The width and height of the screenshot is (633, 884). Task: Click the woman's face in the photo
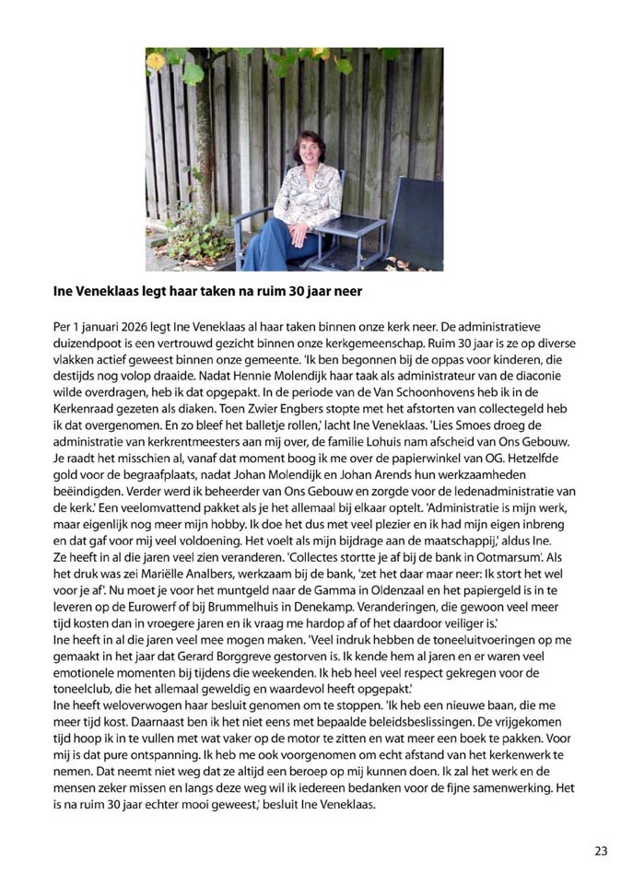307,150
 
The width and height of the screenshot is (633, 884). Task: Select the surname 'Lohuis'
379,442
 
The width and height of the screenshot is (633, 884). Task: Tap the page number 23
601,851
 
